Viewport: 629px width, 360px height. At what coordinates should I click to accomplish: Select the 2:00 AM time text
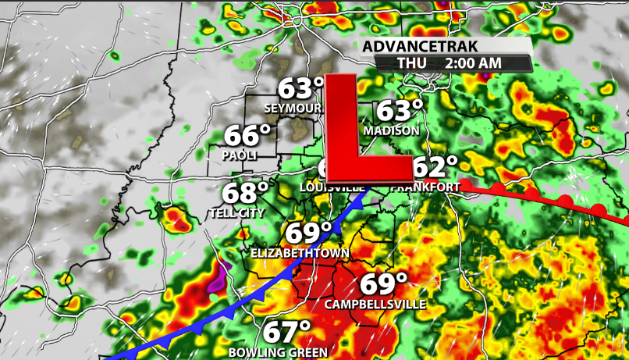pyautogui.click(x=473, y=63)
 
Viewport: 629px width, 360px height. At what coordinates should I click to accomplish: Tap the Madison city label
pyautogui.click(x=391, y=130)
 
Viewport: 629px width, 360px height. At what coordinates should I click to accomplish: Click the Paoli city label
pyautogui.click(x=240, y=155)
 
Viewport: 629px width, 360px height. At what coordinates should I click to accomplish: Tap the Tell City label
pyautogui.click(x=236, y=212)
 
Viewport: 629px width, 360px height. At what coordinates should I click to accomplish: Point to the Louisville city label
pyautogui.click(x=332, y=188)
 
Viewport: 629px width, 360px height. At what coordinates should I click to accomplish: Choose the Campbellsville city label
pyautogui.click(x=375, y=304)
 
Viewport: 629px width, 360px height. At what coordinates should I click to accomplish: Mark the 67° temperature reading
pyautogui.click(x=286, y=332)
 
